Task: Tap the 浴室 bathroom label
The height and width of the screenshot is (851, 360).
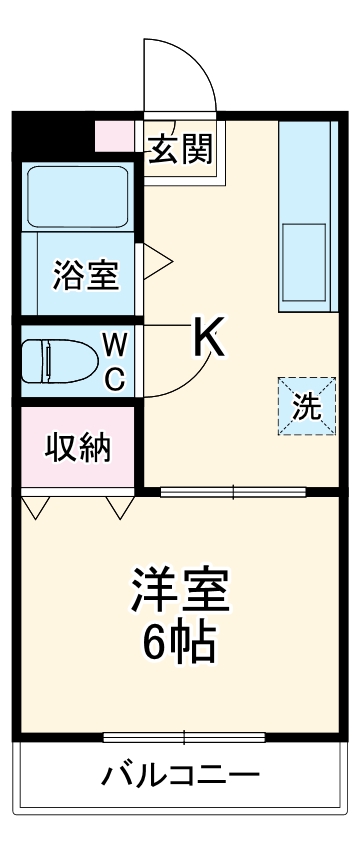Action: [85, 273]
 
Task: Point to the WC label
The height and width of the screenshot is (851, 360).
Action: [115, 361]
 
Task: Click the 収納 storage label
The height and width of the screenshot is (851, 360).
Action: [76, 448]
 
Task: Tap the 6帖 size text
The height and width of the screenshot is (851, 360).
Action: [180, 645]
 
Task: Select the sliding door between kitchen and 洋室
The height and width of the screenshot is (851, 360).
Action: [233, 491]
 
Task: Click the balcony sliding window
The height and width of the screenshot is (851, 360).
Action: [184, 738]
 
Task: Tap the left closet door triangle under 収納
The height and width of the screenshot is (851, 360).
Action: [37, 508]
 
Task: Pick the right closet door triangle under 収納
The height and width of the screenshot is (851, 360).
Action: [121, 508]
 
